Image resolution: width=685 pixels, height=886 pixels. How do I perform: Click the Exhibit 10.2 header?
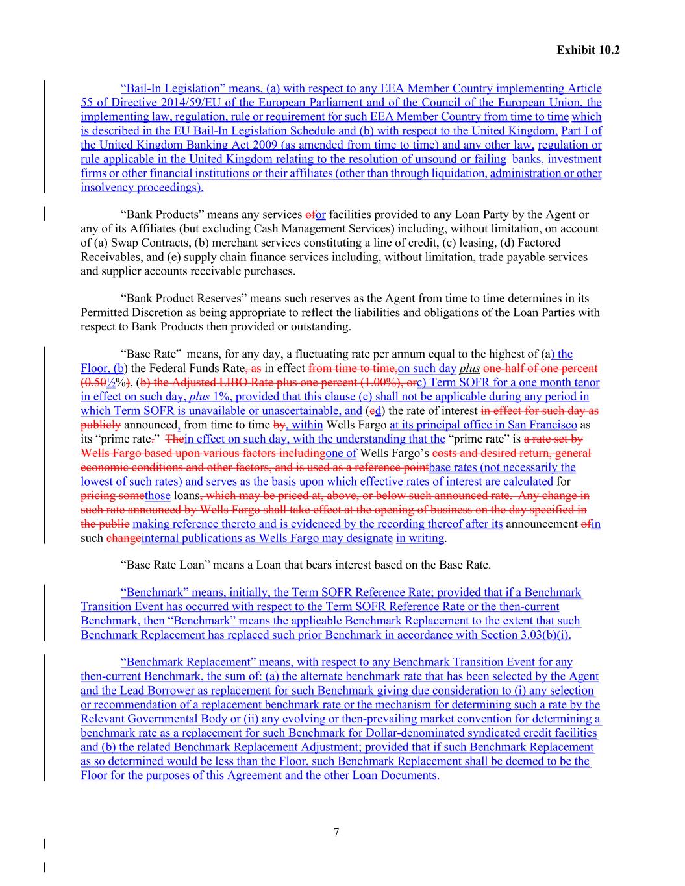[588, 49]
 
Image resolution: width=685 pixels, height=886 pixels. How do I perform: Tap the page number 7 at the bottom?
[336, 833]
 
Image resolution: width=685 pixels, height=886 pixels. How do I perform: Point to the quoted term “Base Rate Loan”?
[165, 565]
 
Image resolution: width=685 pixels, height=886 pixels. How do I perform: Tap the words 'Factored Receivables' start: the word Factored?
[565, 243]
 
